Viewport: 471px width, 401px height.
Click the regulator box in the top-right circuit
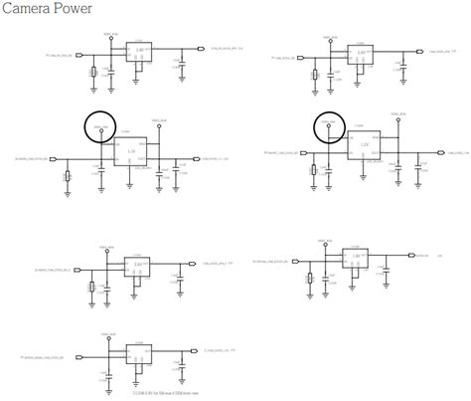(x=364, y=56)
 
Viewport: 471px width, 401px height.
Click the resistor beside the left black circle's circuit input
(x=68, y=177)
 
